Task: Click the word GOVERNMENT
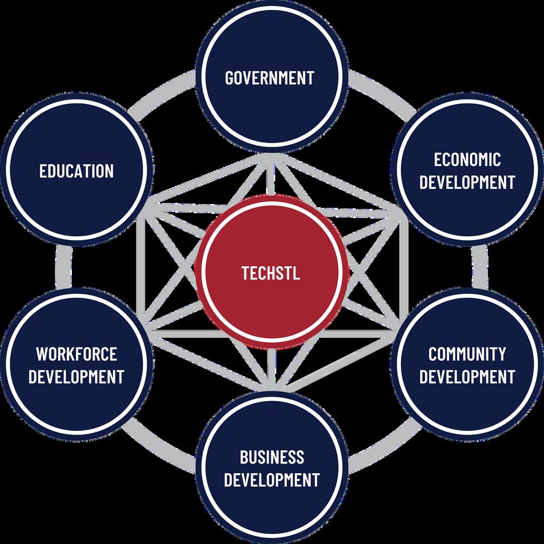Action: (270, 77)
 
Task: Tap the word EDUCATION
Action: (76, 171)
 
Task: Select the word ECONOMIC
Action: (467, 159)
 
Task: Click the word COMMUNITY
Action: (467, 354)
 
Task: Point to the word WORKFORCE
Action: (76, 354)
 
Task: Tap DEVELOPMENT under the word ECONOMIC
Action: (467, 182)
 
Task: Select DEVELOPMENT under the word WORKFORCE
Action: (76, 376)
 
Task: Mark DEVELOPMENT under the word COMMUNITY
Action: (467, 376)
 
